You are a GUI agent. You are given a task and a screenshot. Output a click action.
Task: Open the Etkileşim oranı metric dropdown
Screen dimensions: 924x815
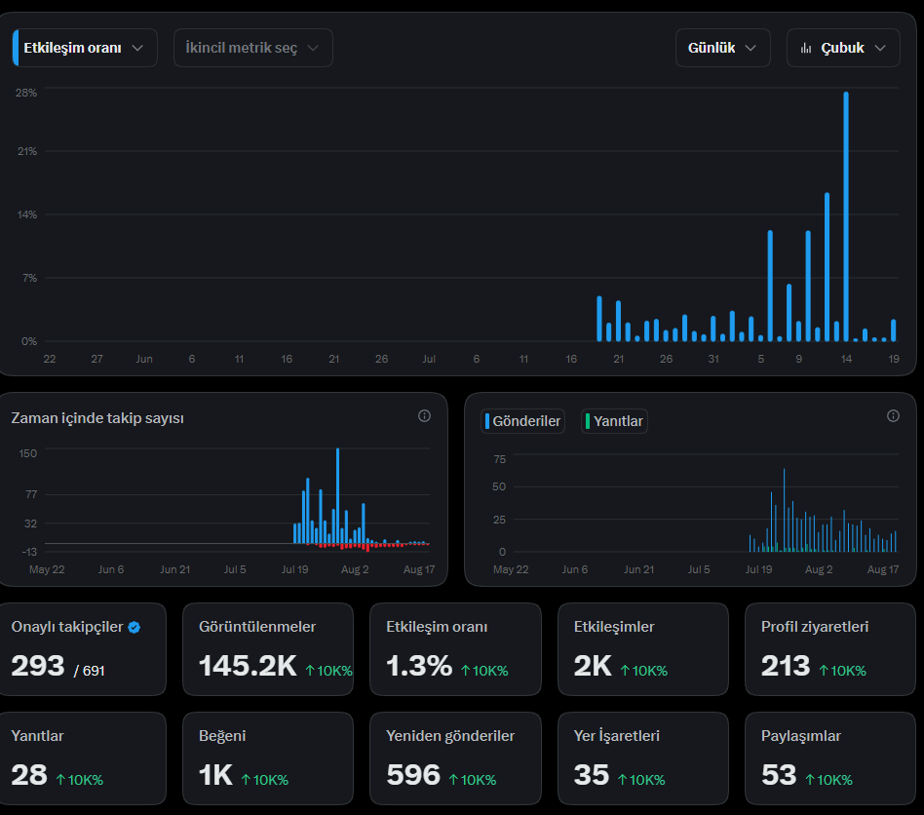coord(85,48)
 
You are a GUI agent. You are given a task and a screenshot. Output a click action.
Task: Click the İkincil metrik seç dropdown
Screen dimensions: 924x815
coord(252,48)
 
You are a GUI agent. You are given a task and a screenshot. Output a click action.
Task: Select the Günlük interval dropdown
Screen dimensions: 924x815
coord(722,48)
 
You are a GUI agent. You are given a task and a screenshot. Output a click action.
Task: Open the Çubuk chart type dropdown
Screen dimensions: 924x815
coord(843,48)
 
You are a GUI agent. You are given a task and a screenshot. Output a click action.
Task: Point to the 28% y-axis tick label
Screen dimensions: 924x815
coord(26,93)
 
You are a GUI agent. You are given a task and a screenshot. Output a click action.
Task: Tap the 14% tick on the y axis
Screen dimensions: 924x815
coord(27,214)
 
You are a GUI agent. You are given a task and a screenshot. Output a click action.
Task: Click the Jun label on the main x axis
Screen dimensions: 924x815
coord(144,359)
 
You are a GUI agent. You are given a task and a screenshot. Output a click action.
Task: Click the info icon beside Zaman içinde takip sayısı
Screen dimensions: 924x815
coord(424,416)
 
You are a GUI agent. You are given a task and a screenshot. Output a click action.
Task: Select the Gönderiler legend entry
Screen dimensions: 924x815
coord(522,421)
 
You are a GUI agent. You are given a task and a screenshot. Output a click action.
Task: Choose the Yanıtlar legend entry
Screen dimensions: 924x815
coord(614,421)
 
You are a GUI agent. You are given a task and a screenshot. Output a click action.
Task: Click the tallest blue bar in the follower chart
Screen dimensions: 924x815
coord(337,495)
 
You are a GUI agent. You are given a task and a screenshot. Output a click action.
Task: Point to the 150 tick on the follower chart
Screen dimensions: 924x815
coord(27,453)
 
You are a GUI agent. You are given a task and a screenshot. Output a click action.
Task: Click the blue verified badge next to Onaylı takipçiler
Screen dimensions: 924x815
coord(135,628)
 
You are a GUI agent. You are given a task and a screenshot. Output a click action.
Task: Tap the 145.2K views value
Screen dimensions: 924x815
coord(249,666)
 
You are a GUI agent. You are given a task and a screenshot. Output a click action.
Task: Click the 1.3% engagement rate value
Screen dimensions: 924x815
coord(419,666)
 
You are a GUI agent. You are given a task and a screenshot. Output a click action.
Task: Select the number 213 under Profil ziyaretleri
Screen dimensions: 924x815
coord(786,666)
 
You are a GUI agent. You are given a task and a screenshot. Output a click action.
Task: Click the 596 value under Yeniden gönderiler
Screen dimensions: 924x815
coord(413,775)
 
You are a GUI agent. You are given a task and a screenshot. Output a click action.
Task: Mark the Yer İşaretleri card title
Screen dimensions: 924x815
coord(616,736)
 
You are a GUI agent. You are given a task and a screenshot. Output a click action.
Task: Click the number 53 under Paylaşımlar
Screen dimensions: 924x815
coord(779,775)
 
